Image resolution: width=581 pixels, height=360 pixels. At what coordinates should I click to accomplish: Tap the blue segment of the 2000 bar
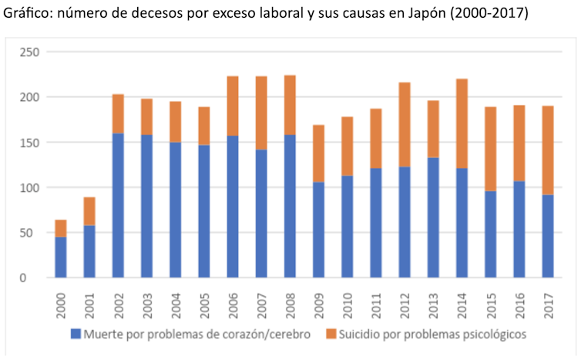(x=61, y=257)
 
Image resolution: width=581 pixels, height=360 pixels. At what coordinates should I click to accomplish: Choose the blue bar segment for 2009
(x=318, y=230)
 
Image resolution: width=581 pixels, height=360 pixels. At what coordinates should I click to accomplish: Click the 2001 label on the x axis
(x=90, y=302)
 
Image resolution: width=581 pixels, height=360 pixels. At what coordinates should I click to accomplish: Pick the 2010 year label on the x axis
(x=347, y=302)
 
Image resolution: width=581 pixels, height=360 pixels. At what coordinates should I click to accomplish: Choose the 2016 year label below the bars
(x=519, y=302)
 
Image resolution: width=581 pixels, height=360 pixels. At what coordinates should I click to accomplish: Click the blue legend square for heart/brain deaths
(x=75, y=335)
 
